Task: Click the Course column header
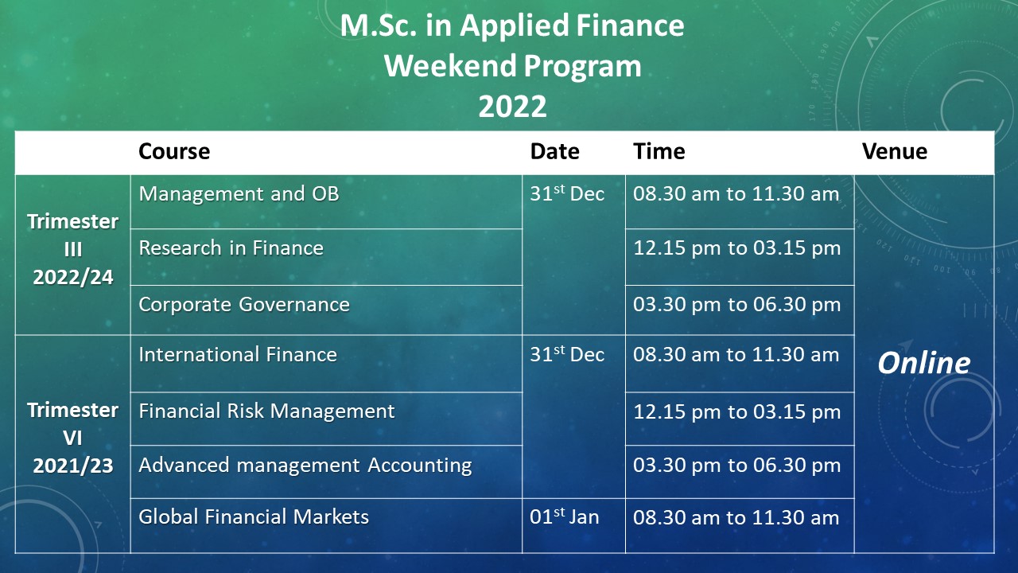pos(174,151)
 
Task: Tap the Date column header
pos(554,151)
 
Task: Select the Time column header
pos(659,151)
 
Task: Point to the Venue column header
pos(895,151)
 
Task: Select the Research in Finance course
pos(231,248)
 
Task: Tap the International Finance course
pos(238,354)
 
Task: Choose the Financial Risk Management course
pos(266,411)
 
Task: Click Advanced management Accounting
pos(305,466)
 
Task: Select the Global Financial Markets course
pos(254,516)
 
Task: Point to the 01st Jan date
pos(565,516)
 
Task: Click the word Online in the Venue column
pos(923,363)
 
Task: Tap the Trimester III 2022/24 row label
pos(72,249)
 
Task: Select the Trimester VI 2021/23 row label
pos(72,438)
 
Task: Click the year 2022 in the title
pos(512,107)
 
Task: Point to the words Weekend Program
pos(513,66)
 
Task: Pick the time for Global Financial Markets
pos(736,517)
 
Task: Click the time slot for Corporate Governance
pos(736,304)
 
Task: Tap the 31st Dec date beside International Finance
pos(567,354)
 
